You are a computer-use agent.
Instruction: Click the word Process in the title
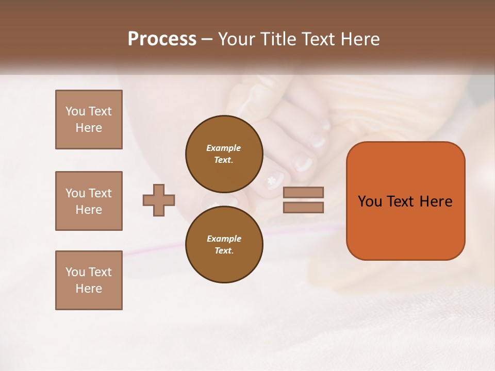coord(162,39)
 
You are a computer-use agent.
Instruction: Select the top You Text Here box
coord(89,120)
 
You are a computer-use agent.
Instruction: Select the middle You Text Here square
coord(89,201)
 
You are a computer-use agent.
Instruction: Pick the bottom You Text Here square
coord(89,280)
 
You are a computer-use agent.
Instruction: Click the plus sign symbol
coord(159,199)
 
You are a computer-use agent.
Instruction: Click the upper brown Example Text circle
coord(224,154)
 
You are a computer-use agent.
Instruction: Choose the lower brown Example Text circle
coord(224,244)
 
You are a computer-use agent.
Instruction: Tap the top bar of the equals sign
coord(303,192)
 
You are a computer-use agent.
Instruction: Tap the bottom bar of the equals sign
coord(303,207)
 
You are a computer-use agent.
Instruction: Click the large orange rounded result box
coord(405,227)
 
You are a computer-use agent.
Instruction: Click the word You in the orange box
coord(370,201)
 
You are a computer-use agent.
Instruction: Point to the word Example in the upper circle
coord(224,148)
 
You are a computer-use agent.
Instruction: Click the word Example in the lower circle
coord(224,239)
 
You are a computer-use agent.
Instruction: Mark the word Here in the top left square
coord(89,128)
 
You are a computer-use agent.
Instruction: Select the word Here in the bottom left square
coord(89,289)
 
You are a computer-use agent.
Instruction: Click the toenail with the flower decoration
coord(273,181)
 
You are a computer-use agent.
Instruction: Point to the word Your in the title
coord(235,39)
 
